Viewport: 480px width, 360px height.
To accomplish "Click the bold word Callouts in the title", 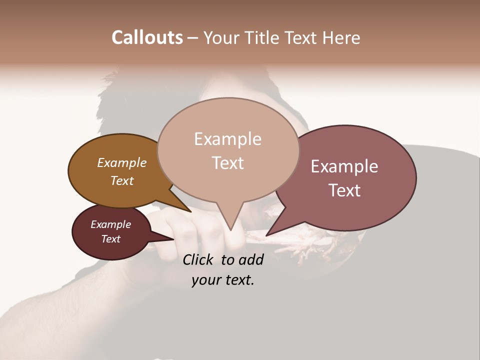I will tap(147, 37).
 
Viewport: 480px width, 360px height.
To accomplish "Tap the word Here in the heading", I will tap(341, 37).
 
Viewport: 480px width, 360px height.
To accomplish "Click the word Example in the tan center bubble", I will tap(227, 139).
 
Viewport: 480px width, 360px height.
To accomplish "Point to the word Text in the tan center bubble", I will tap(227, 163).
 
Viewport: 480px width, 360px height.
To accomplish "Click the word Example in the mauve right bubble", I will tap(344, 166).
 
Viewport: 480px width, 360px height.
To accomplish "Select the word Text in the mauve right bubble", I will tap(344, 190).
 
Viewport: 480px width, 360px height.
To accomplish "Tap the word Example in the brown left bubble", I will tap(122, 162).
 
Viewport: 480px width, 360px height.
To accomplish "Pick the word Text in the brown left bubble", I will tap(122, 180).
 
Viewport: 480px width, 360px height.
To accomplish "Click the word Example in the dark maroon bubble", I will tap(110, 224).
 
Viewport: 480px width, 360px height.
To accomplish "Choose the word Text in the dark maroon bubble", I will tap(110, 239).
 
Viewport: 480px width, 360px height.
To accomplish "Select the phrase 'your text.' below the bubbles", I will tap(222, 280).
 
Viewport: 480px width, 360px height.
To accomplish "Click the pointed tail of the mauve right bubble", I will tap(268, 233).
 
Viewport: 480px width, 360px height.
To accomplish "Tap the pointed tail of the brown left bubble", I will tap(188, 210).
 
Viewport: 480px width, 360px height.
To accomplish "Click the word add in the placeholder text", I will tap(251, 259).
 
